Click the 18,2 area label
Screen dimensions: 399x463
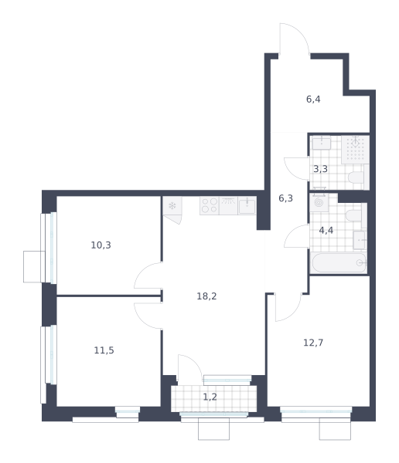[206, 296]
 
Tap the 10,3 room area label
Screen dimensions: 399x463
[101, 245]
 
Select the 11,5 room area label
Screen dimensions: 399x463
[104, 350]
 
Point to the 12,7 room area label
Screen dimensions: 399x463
[313, 343]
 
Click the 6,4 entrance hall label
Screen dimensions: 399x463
[313, 100]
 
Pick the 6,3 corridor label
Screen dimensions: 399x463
[285, 198]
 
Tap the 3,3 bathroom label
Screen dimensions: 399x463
[320, 169]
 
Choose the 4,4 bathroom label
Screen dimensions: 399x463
[326, 230]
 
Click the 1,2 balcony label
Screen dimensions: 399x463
[210, 397]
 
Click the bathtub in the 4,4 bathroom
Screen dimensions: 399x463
[339, 263]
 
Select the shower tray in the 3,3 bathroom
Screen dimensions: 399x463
[355, 150]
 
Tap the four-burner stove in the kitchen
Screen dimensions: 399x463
[210, 205]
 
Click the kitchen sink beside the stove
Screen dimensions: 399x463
[247, 205]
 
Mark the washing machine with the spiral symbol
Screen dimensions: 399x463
[319, 202]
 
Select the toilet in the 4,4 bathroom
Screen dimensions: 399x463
[356, 215]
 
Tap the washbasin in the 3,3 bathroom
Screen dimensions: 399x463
[322, 143]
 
